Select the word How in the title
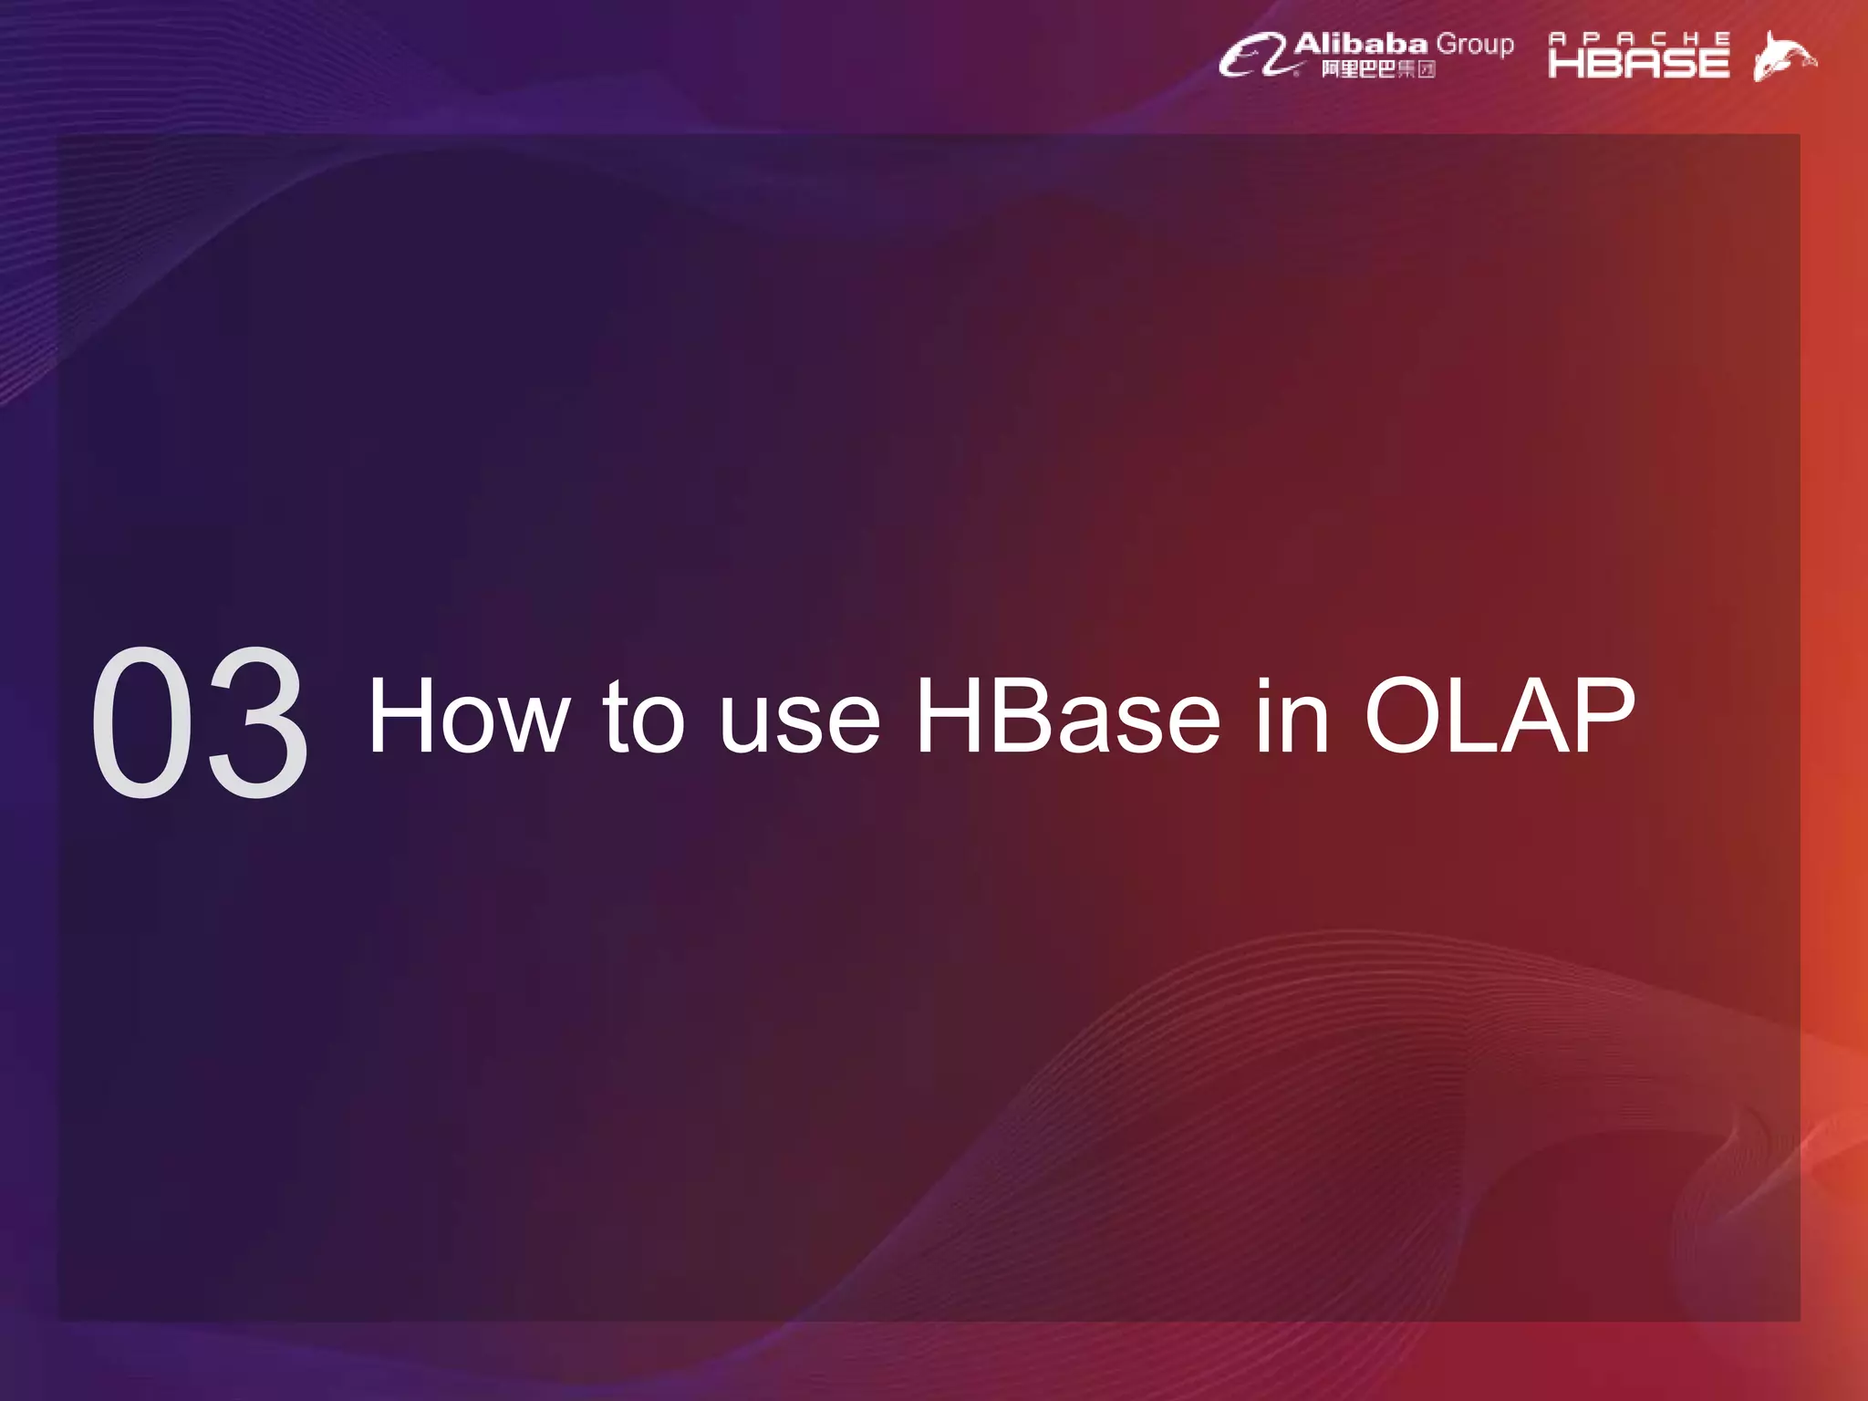(468, 717)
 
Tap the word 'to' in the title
(642, 717)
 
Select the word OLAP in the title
(1500, 717)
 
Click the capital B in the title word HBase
(1004, 717)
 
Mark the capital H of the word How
(401, 717)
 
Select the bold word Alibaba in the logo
(1360, 43)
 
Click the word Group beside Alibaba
(1475, 44)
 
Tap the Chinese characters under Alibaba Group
(1378, 69)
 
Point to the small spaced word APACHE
(1639, 38)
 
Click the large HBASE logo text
(1639, 62)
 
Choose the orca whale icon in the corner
(1783, 57)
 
